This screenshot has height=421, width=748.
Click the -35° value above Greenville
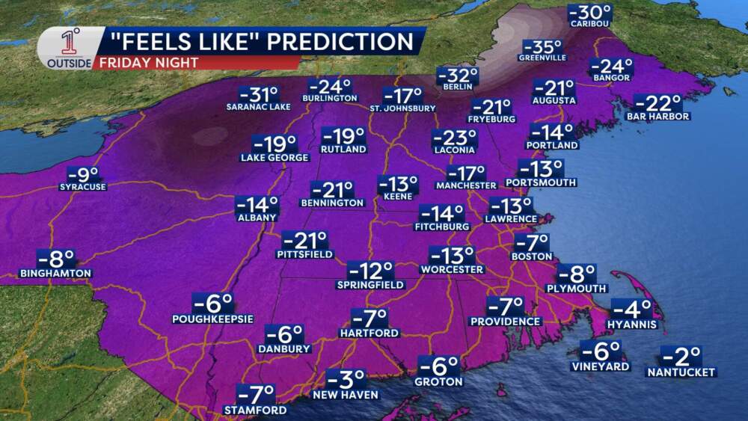[x=542, y=45]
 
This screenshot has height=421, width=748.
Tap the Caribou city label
[x=589, y=24]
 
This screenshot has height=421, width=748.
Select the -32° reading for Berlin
[x=457, y=76]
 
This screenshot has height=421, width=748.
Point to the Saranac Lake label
[x=257, y=107]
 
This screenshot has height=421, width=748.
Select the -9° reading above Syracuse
[x=83, y=174]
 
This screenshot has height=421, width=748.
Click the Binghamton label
[x=55, y=274]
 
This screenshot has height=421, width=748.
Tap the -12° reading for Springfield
[x=370, y=271]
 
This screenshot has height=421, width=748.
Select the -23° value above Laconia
[x=455, y=138]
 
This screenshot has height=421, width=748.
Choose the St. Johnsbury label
[x=402, y=108]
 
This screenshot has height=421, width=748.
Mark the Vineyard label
[x=601, y=367]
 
